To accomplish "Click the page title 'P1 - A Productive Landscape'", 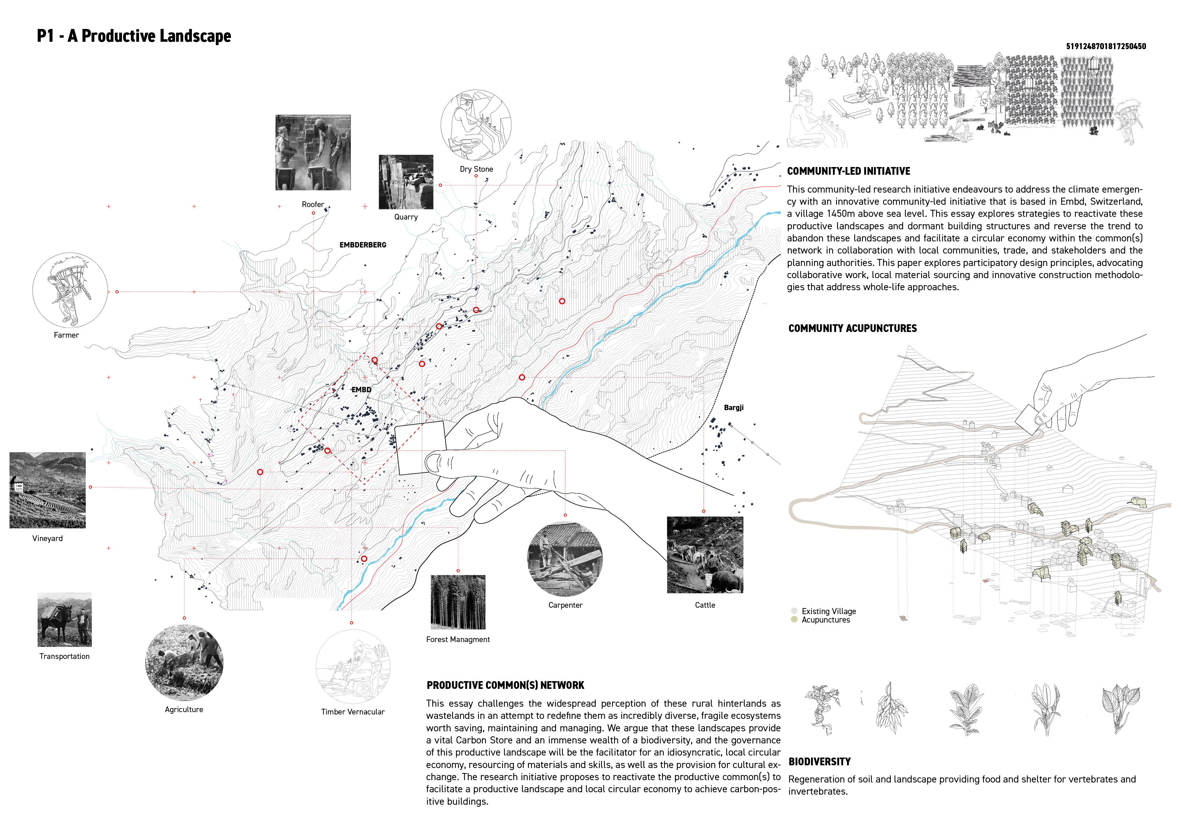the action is (134, 36).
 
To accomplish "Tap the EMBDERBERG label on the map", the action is (363, 245).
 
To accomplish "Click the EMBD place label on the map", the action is (361, 390).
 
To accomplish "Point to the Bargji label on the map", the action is (734, 407).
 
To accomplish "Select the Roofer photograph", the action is (313, 152).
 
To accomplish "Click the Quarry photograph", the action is (406, 181).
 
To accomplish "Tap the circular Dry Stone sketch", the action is (476, 125).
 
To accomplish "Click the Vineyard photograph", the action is (47, 490).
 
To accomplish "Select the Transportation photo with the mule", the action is (64, 620).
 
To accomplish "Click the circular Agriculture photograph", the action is (184, 663).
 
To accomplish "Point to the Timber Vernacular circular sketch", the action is (353, 667).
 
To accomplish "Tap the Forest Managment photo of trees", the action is (458, 602).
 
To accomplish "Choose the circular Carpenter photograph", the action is (565, 559).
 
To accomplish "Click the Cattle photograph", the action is (705, 555).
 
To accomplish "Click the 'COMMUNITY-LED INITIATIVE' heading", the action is (848, 171).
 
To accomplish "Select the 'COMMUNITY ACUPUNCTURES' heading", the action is (852, 328).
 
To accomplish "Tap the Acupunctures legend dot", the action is (794, 620).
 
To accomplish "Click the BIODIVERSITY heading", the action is (819, 761).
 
